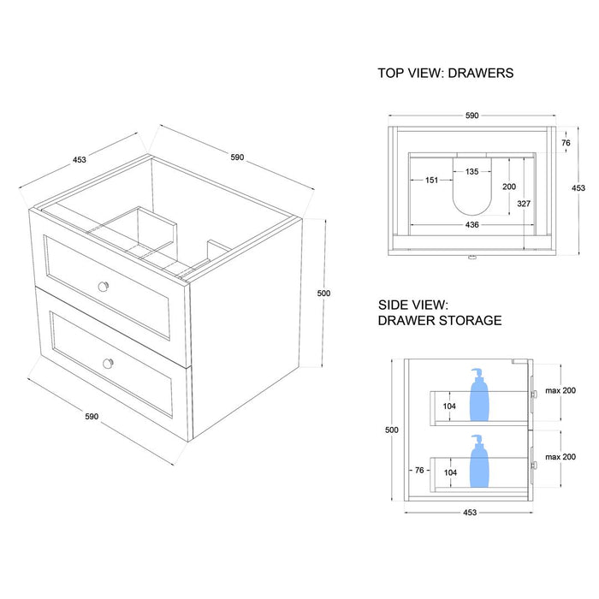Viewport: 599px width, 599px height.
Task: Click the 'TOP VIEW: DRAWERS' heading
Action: pos(445,74)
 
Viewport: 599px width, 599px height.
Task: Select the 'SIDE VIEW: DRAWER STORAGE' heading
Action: pos(439,312)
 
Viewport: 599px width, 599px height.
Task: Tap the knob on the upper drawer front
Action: pos(105,285)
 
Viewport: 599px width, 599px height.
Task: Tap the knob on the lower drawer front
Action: pos(108,363)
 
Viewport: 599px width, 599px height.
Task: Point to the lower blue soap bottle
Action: pos(478,462)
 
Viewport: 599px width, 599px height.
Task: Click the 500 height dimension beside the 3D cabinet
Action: pos(323,294)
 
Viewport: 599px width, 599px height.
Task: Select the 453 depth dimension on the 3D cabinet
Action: pos(80,159)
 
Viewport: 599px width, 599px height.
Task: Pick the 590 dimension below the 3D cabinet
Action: pos(92,417)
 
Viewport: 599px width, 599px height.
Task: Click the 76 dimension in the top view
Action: pos(565,143)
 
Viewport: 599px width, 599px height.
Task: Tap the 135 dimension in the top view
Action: pos(471,171)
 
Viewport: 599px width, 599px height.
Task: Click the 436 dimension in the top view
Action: pos(471,224)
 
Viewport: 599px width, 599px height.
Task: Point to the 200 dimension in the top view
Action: pos(509,187)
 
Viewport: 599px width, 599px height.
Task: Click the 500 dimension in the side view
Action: pos(393,430)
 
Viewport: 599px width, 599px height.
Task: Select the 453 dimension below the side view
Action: pos(470,512)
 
